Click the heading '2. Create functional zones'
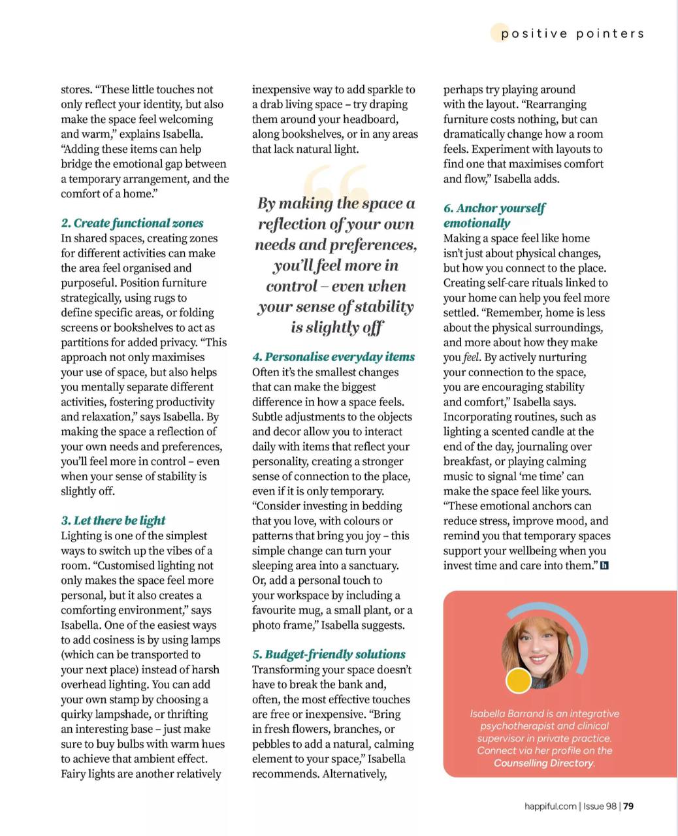tap(132, 223)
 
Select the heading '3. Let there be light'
tap(113, 521)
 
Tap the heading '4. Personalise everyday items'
tap(333, 357)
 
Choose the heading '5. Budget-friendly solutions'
tap(329, 654)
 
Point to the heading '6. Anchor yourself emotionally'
tap(494, 216)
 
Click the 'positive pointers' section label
tap(572, 34)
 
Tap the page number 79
tap(628, 806)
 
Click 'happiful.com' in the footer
tap(550, 806)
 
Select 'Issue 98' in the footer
tap(600, 806)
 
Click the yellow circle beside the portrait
tap(519, 681)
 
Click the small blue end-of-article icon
tap(604, 566)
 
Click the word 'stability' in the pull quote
tap(383, 307)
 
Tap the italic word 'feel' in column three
tap(471, 357)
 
